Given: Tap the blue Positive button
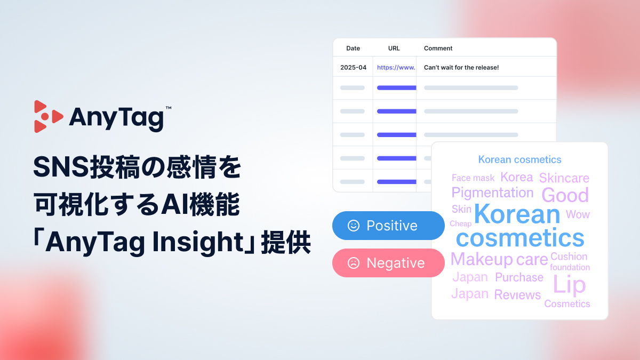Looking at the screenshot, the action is (x=388, y=226).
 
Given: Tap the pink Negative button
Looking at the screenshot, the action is (x=388, y=263).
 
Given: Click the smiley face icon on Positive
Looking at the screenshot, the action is (x=353, y=226).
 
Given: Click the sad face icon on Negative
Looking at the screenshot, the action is (x=353, y=263).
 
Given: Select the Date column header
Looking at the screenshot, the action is (x=353, y=48).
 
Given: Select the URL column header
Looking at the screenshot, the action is (x=394, y=48).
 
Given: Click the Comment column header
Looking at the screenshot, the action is (x=438, y=48).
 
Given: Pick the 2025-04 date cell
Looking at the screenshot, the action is (x=353, y=68).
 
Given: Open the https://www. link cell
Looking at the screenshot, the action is (x=396, y=68).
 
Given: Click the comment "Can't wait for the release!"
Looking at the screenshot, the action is (x=461, y=68).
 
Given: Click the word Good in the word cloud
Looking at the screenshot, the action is (x=565, y=195).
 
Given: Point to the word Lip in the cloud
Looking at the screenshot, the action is (x=569, y=285).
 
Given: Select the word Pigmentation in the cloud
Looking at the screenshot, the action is (x=492, y=193).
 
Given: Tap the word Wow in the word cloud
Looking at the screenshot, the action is (x=578, y=214).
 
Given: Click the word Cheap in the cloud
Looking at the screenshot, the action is (x=460, y=224).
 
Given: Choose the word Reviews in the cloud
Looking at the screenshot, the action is (x=517, y=295).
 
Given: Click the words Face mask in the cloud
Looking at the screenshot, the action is (x=473, y=178).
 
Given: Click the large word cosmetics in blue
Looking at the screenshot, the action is (x=520, y=238).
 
